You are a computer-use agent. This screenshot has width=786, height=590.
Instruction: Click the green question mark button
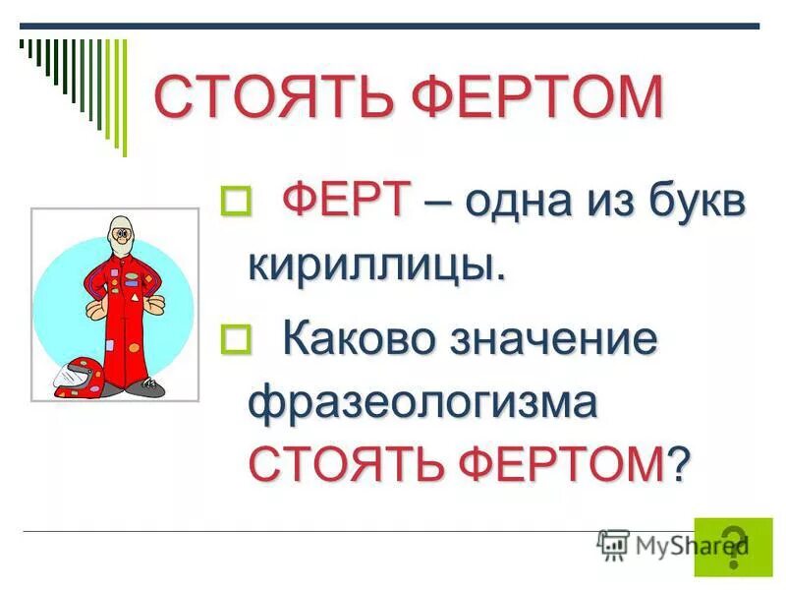733,545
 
